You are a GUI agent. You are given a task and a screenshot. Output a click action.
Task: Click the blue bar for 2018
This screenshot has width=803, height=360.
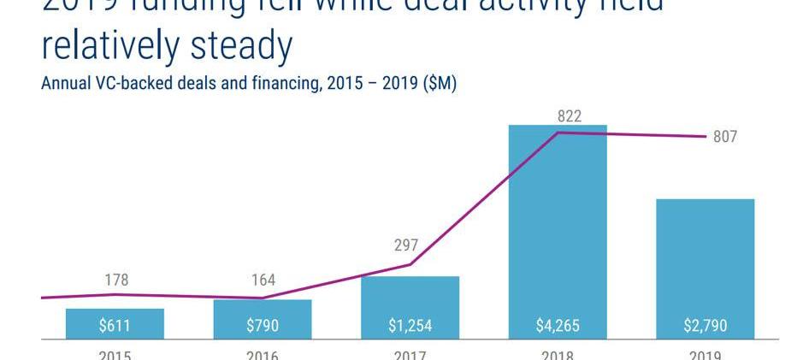tap(558, 222)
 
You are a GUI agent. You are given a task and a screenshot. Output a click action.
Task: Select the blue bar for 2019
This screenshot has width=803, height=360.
tap(705, 257)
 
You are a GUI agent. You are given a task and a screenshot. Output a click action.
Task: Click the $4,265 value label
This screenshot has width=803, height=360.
tap(558, 326)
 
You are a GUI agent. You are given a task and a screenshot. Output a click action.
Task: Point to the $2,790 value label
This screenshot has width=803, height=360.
tap(705, 326)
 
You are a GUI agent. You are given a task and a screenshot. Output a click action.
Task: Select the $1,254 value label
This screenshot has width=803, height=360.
tap(410, 326)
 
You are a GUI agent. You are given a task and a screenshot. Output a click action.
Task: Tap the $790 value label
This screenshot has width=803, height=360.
tap(263, 326)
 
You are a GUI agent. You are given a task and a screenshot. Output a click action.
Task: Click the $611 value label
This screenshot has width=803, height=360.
tap(115, 326)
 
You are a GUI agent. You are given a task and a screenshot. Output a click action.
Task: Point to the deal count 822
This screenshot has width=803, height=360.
tap(569, 115)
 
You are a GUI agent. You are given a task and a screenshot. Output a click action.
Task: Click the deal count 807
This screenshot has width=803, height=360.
tap(724, 137)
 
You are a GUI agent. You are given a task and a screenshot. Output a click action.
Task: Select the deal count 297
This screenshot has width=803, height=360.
tap(405, 245)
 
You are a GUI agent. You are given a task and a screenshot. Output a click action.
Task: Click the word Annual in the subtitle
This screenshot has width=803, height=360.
tap(65, 85)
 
